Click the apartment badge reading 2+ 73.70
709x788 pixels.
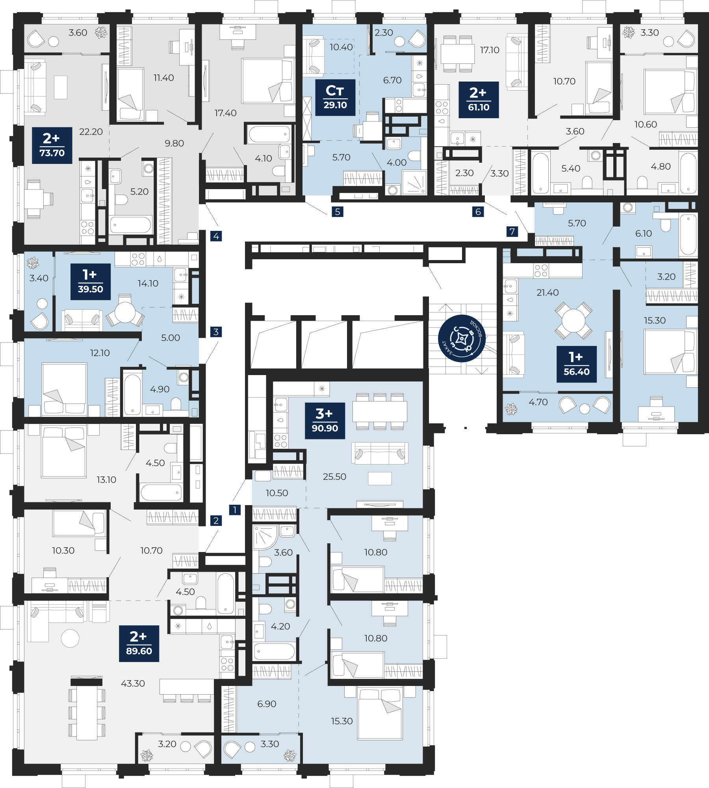coord(52,145)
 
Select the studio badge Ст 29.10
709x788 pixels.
coord(335,98)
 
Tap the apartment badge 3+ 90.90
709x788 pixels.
coord(325,421)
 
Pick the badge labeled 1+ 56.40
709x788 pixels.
coord(577,364)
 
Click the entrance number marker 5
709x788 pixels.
coord(338,212)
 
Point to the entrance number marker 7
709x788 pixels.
coord(512,231)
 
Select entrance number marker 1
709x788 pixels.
coord(235,509)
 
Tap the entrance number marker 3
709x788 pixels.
coord(216,332)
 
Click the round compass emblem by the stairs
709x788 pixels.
coord(462,338)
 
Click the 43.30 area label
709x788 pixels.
coord(133,683)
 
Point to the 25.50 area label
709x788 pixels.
coord(334,476)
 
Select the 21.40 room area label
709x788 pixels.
coord(548,292)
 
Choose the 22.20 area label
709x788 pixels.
coord(91,132)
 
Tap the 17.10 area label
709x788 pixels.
coord(490,50)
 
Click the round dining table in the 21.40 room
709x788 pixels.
coord(574,321)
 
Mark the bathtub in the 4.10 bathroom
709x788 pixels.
coord(269,134)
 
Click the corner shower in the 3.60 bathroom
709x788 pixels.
coord(265,537)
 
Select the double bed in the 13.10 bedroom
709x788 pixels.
coord(64,452)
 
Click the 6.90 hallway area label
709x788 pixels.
coord(267,704)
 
